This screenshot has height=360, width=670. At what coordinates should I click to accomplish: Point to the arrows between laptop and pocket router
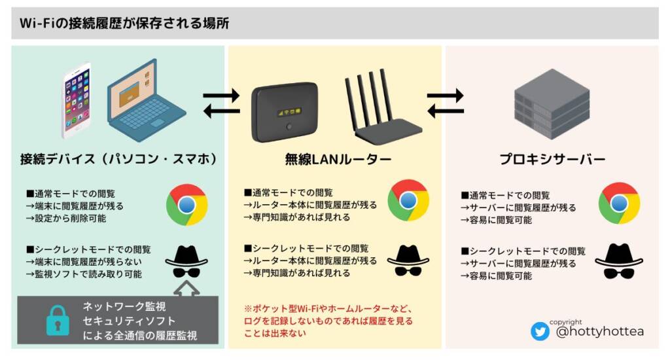[x=221, y=104]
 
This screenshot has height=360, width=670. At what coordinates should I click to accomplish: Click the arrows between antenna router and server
[x=445, y=104]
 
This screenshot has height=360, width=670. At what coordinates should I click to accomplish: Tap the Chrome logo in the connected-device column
[x=186, y=205]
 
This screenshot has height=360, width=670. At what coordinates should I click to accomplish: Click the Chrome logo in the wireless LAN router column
[x=408, y=200]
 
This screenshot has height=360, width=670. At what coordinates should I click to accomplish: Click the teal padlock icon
[x=57, y=321]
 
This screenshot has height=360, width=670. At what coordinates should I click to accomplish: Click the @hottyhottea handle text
[x=599, y=332]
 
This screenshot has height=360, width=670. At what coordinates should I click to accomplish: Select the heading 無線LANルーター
[x=338, y=158]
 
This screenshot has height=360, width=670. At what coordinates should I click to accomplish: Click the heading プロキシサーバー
[x=552, y=159]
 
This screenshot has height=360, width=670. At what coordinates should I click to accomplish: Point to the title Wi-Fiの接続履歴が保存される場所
[x=124, y=23]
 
